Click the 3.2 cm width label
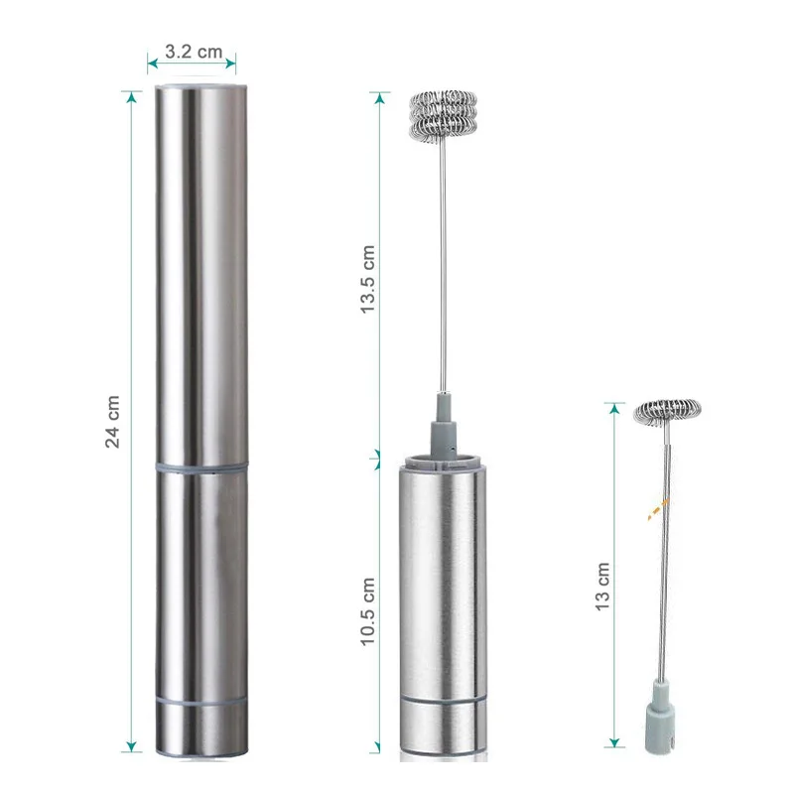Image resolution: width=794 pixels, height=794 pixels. click(194, 52)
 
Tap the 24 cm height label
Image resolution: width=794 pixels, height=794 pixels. click(112, 422)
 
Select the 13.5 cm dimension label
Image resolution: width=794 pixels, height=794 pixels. click(367, 279)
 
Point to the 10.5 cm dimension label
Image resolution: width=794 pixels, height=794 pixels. click(367, 611)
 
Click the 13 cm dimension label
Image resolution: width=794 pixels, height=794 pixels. click(602, 587)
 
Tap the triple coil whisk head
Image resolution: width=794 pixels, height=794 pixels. click(444, 115)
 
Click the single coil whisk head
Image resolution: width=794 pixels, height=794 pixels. click(667, 412)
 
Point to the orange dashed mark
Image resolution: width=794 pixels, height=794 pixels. click(658, 509)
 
